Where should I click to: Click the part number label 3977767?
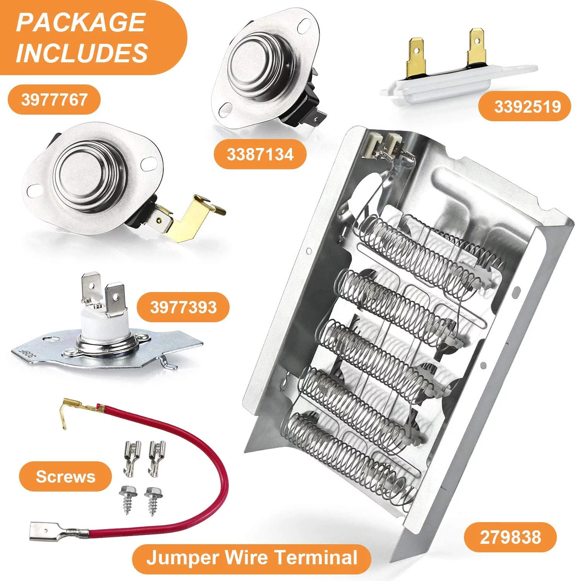[x=54, y=100]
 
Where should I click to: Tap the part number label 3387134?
[x=260, y=155]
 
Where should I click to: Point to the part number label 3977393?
[x=183, y=307]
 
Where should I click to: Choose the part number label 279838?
[x=510, y=537]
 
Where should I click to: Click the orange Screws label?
[x=65, y=476]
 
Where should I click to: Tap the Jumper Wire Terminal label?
[x=252, y=558]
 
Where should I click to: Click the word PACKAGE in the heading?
[x=81, y=22]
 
